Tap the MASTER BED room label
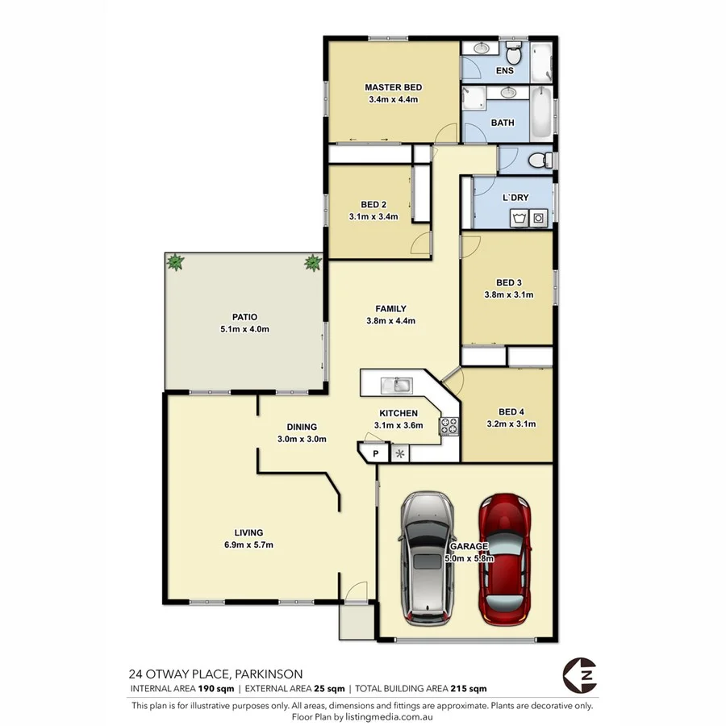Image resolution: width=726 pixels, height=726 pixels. pos(393,87)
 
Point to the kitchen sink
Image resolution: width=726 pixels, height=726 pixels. pos(397,383)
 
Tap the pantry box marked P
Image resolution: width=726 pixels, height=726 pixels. pos(375,454)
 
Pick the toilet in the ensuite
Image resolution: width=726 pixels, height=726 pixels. pos(514,56)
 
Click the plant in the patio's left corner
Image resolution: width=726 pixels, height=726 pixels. pos(175,261)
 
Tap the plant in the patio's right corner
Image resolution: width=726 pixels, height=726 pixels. pos(312,261)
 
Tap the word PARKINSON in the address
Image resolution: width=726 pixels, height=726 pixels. pos(269,674)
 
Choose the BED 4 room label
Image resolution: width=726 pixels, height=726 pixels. pos(512,411)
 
